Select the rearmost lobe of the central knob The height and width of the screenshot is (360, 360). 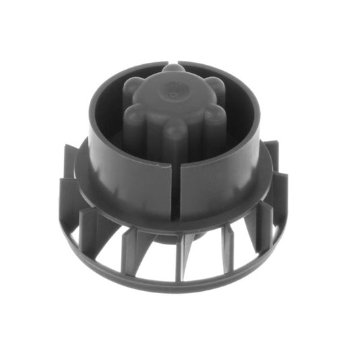click(x=174, y=69)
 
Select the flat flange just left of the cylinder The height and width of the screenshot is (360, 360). click(x=81, y=172)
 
